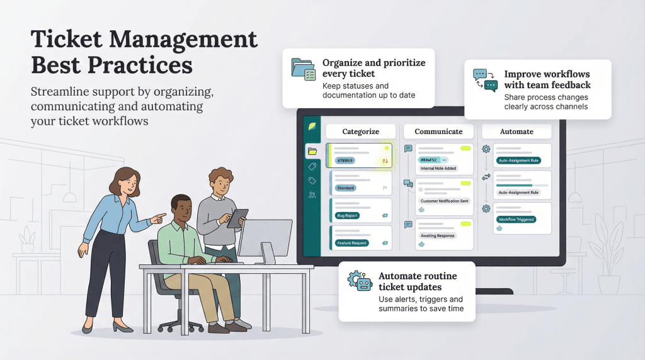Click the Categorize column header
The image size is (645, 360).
[360, 132]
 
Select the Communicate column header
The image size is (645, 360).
[438, 132]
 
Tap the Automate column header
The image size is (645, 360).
[517, 132]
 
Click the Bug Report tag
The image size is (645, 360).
[347, 216]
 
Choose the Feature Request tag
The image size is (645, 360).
[351, 243]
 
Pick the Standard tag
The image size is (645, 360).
[345, 188]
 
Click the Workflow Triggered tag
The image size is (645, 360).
[516, 220]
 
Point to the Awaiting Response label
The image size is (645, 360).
[437, 235]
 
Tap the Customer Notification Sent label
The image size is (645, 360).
[444, 201]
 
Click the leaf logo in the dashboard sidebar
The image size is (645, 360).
[312, 126]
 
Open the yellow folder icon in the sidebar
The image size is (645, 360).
[312, 151]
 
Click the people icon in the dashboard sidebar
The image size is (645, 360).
[312, 195]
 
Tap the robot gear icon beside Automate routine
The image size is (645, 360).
[360, 281]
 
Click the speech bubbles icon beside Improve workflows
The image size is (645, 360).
[485, 81]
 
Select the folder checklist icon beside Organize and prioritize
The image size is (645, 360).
[303, 69]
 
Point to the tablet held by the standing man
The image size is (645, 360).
[238, 218]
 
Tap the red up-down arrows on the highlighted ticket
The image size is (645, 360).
[384, 160]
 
